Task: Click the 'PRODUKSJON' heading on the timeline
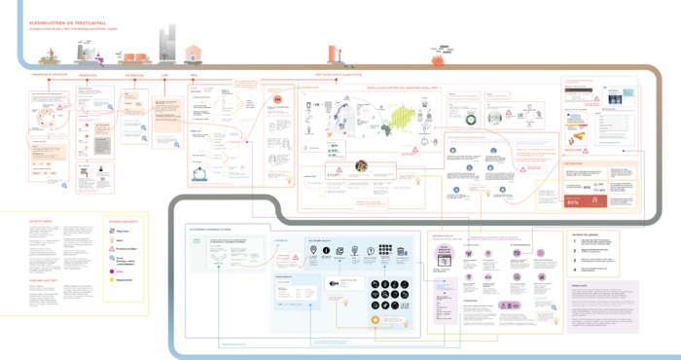point(89,73)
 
